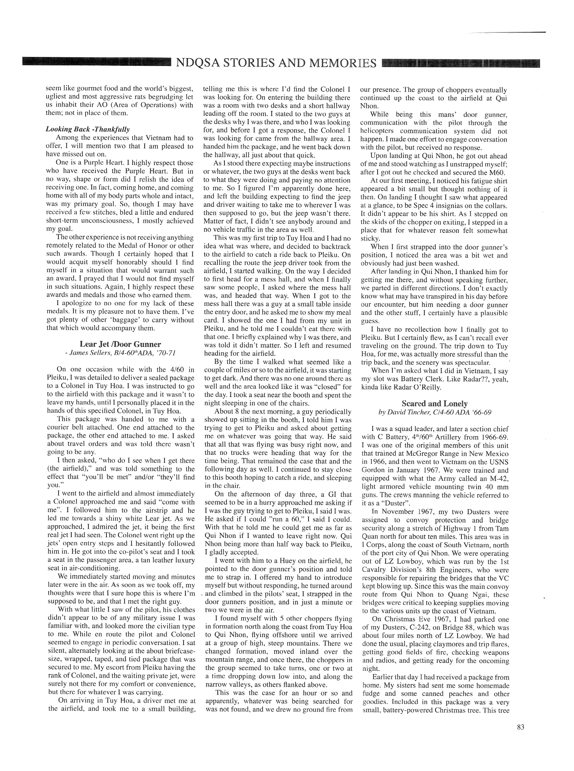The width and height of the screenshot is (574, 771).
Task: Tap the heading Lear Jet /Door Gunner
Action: click(x=120, y=344)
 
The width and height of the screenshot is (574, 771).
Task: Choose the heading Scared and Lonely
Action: click(x=434, y=404)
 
